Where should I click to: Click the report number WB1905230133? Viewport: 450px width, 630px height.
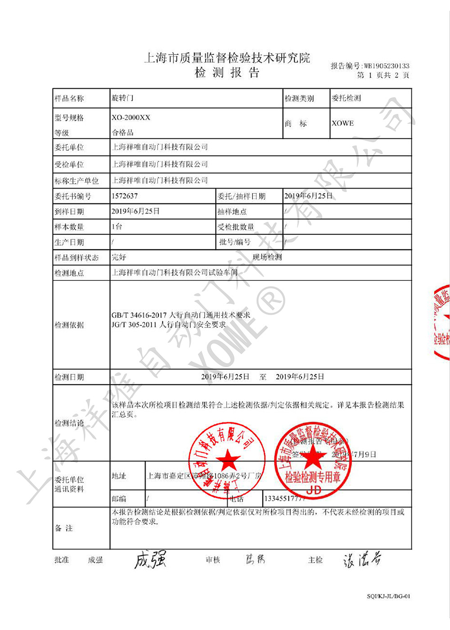387,66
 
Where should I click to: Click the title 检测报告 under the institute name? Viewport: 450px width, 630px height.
227,73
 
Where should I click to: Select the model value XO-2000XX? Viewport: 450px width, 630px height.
131,117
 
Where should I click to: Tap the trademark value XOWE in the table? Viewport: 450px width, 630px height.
342,123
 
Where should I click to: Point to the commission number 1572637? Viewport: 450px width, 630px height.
125,196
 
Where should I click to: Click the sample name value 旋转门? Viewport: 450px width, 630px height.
122,98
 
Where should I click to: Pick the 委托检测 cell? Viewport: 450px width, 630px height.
346,98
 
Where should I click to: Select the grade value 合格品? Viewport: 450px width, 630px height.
122,133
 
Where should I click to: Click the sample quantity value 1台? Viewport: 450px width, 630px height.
117,226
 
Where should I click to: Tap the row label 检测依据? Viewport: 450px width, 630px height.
69,325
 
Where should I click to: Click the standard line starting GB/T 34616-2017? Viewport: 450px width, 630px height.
180,315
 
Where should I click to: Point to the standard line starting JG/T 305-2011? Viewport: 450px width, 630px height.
169,324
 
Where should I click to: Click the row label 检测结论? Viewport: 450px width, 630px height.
69,423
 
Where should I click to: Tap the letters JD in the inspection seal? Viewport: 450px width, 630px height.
314,490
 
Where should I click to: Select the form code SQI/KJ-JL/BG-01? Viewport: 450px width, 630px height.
388,596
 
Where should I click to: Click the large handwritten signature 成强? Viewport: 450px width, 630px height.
150,560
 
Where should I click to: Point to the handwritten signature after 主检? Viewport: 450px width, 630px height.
362,560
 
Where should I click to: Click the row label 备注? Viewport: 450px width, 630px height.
64,528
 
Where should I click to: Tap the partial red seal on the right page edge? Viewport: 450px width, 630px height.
442,322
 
